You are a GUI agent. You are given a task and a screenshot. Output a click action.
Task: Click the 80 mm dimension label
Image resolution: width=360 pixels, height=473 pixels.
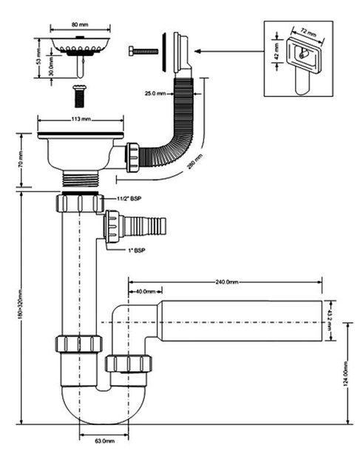pyautogui.click(x=80, y=24)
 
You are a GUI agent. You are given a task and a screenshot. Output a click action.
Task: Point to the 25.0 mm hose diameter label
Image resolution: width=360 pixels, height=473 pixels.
pyautogui.click(x=155, y=94)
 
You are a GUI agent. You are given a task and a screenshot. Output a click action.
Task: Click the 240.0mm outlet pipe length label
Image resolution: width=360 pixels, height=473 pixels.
pyautogui.click(x=227, y=282)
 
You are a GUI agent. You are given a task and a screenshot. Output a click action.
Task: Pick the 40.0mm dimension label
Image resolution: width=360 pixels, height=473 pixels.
pyautogui.click(x=146, y=291)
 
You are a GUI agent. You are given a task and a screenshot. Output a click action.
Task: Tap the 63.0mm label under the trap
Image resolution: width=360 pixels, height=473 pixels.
pyautogui.click(x=105, y=440)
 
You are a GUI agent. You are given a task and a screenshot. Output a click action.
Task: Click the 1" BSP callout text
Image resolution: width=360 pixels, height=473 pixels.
pyautogui.click(x=135, y=250)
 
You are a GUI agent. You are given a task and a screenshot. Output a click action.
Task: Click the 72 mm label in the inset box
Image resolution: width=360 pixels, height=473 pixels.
pyautogui.click(x=308, y=32)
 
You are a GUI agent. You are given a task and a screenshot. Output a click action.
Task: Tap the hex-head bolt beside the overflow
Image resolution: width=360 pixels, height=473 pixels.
pyautogui.click(x=143, y=51)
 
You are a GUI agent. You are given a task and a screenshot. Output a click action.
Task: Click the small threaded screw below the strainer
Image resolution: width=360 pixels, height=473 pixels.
pyautogui.click(x=80, y=96)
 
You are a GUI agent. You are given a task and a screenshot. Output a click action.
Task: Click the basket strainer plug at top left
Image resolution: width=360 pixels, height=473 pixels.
pyautogui.click(x=81, y=54)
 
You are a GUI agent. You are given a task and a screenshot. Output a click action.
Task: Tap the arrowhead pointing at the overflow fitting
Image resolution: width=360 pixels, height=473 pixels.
pyautogui.click(x=197, y=51)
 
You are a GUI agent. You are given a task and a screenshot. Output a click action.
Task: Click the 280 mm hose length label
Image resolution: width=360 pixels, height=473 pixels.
pyautogui.click(x=195, y=161)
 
